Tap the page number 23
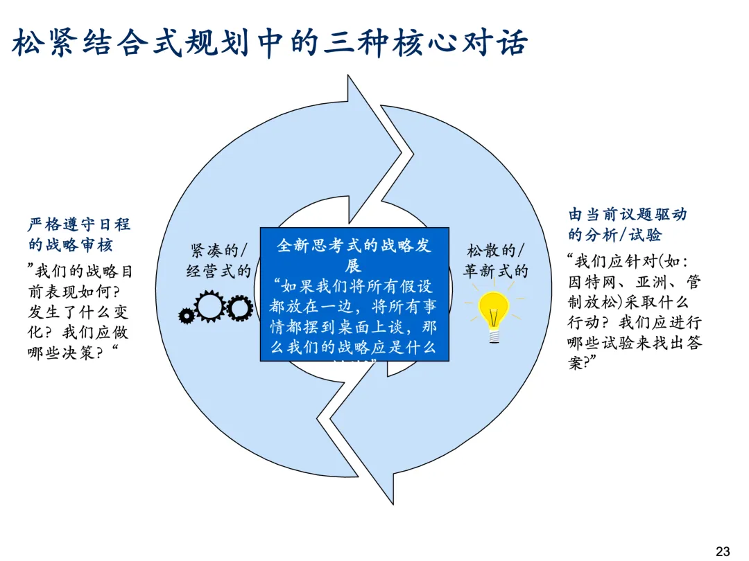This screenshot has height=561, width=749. pos(723,551)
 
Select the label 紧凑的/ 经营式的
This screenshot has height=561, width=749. pos(218,260)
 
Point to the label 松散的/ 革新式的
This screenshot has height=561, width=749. pos(496,260)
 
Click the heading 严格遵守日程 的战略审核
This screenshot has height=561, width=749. pos(79,235)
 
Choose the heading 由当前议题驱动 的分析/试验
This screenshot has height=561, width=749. pos(628,224)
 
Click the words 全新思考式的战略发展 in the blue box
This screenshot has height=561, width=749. pos(354,255)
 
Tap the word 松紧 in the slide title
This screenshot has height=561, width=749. pos(40,44)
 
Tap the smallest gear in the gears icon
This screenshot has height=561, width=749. pos(186,316)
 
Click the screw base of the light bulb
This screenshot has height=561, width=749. pos(494,335)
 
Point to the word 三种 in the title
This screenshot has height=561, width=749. pos(347,44)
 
